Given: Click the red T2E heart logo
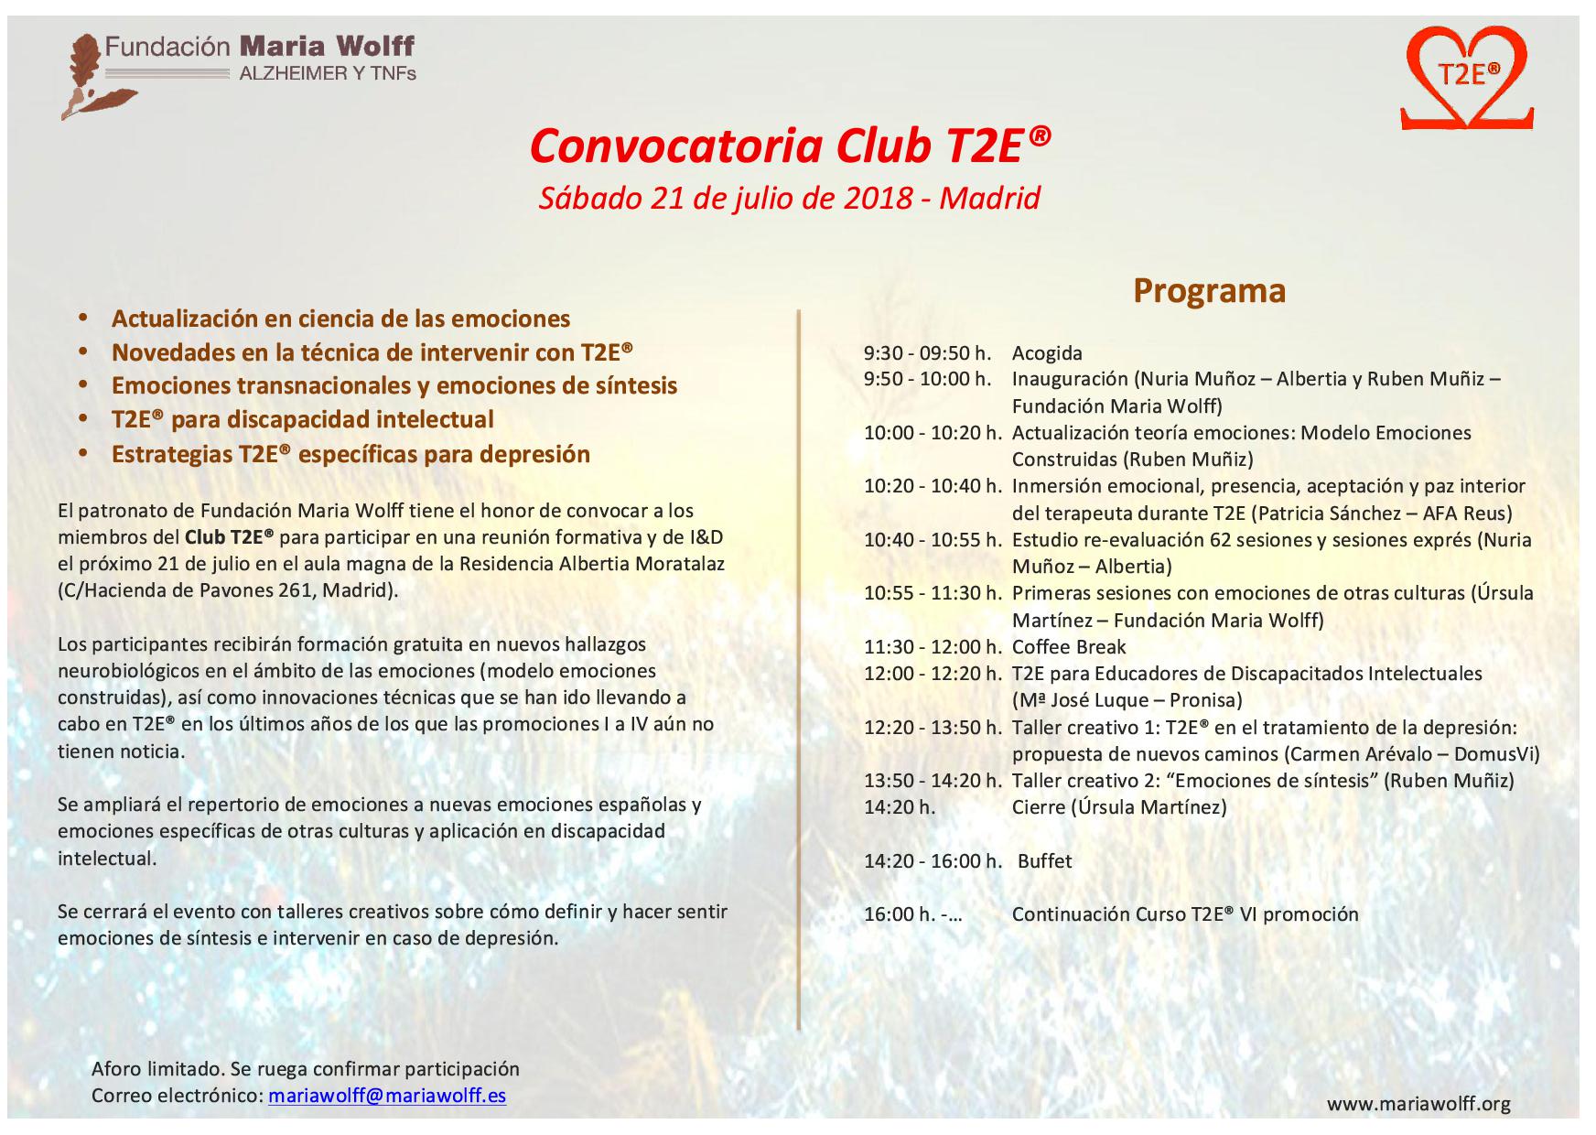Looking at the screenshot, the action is (1467, 79).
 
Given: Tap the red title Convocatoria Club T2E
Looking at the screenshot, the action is (790, 146).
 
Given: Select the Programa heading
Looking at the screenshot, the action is (1209, 290).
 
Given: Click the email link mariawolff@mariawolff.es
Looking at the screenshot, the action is (387, 1096).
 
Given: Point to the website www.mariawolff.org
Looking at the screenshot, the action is (1418, 1104).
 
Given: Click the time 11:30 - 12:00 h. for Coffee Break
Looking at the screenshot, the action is (933, 647).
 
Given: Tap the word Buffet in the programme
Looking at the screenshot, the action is (1044, 861).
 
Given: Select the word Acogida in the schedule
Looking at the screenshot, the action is (1047, 353).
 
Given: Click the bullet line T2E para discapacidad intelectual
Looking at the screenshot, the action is (302, 420).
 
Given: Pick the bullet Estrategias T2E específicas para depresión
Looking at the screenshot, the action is (350, 455).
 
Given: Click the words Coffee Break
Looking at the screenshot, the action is (1069, 647).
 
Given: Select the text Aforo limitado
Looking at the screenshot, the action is (156, 1069).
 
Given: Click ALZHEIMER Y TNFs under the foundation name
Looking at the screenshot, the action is (328, 73).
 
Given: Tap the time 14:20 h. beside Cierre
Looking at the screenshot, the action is (900, 807).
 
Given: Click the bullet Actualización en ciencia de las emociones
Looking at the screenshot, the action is (340, 319).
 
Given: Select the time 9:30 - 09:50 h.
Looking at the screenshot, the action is (927, 353).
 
